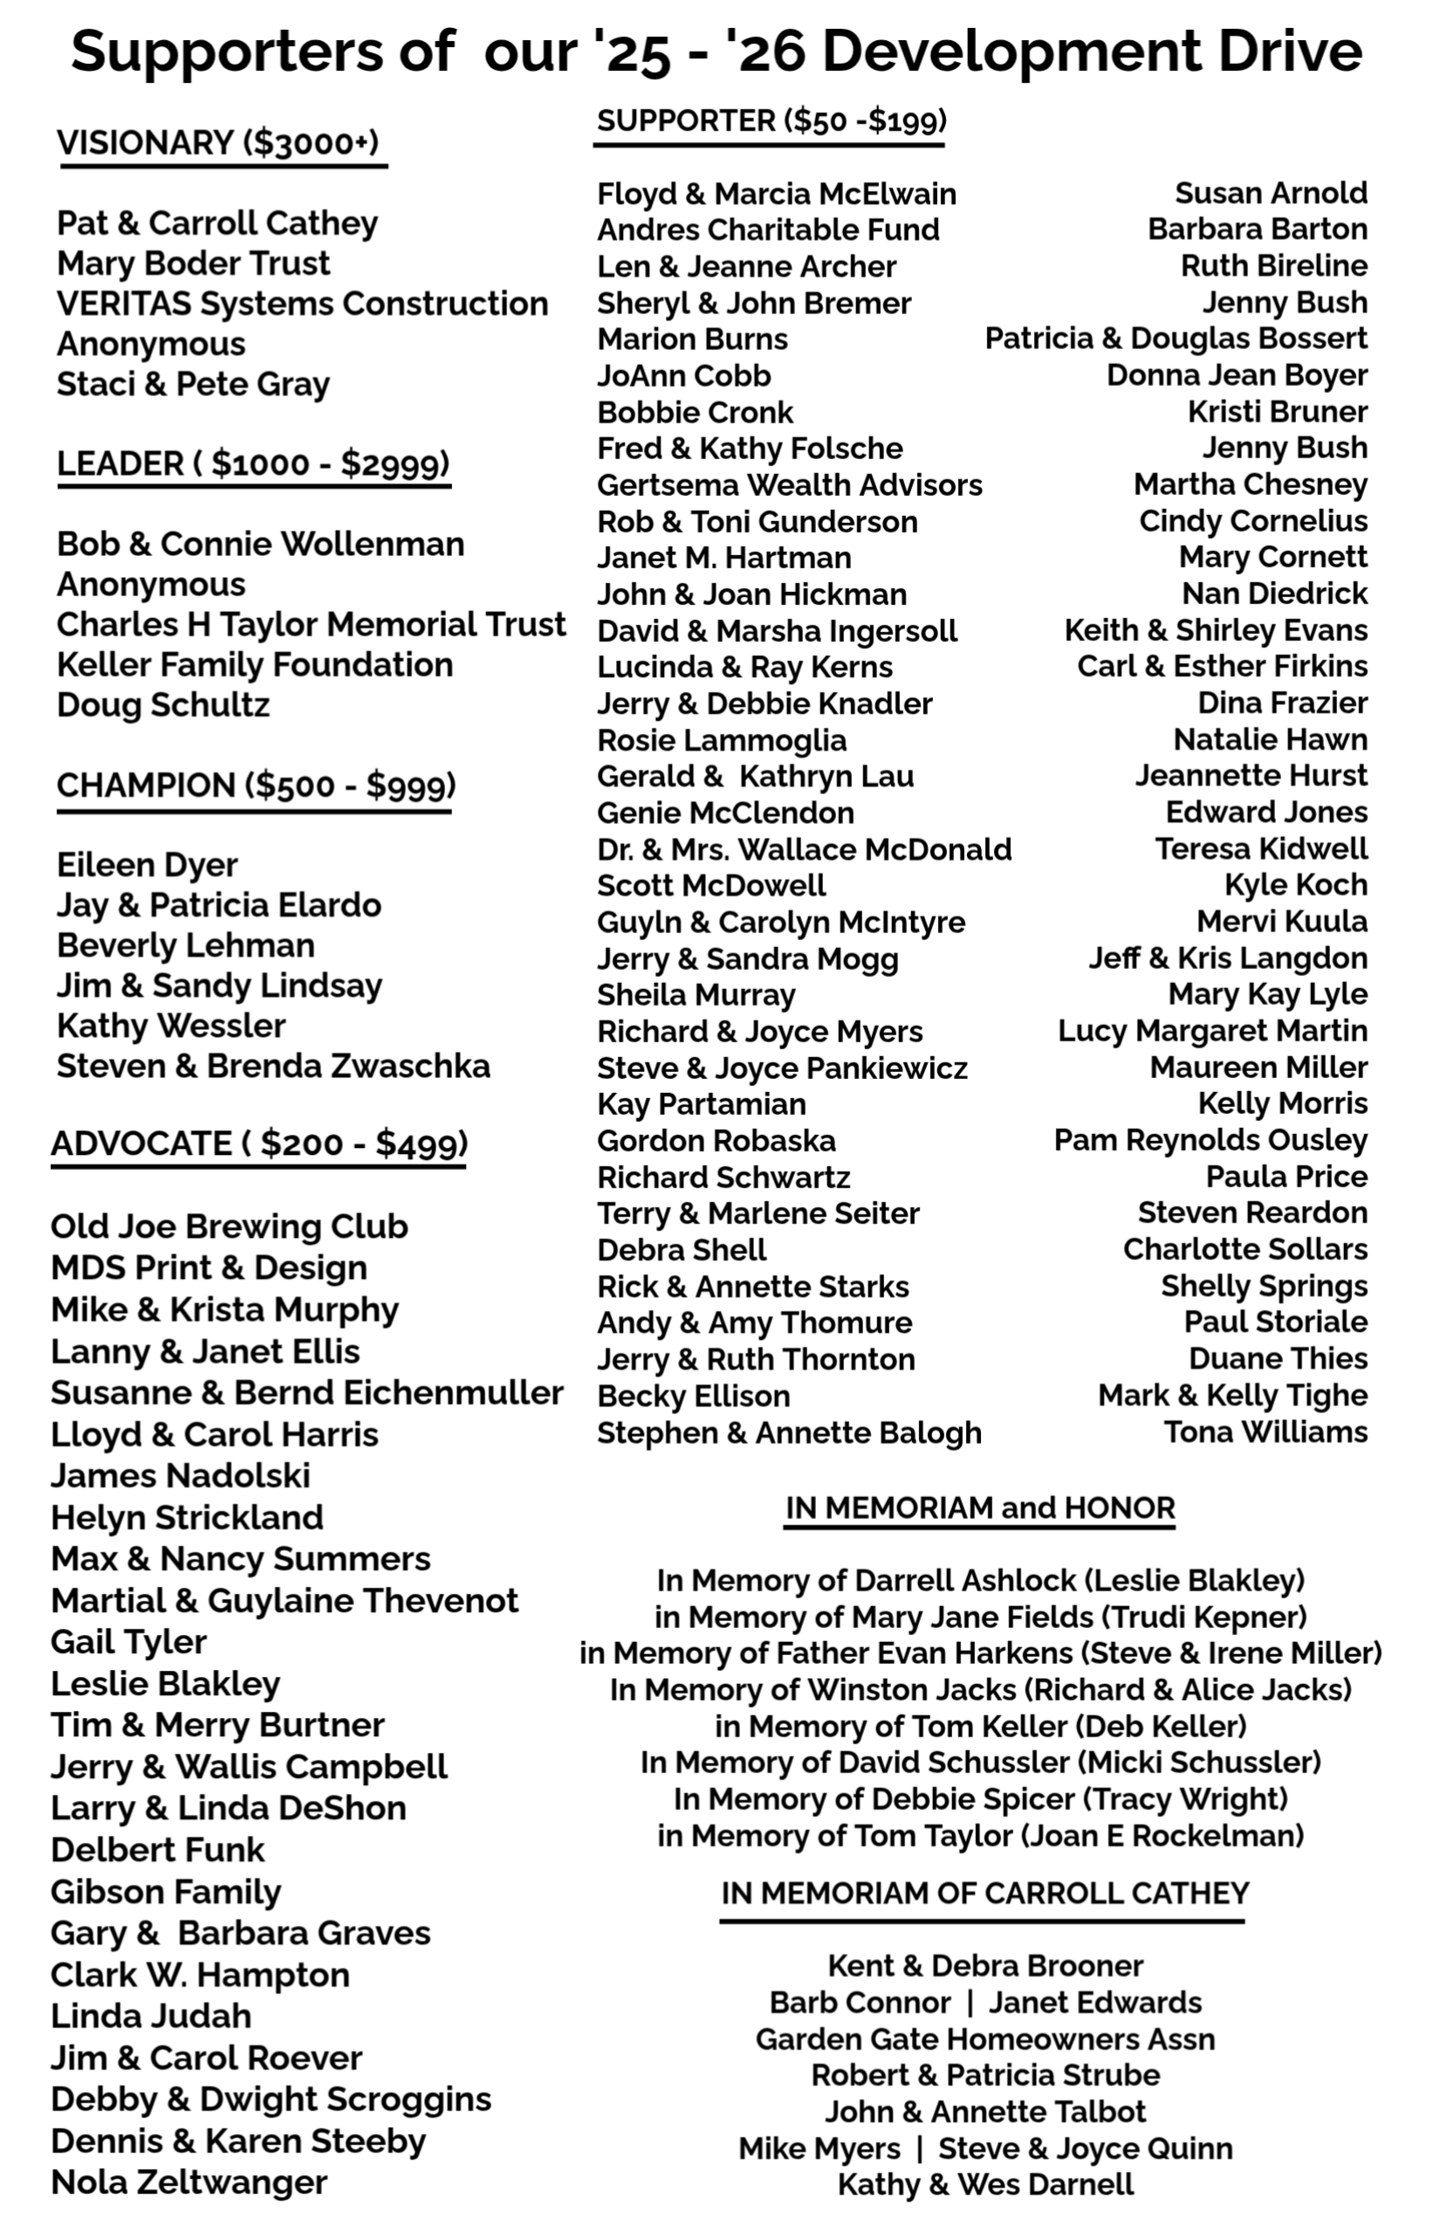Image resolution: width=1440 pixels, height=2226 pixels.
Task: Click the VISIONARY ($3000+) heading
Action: [x=218, y=143]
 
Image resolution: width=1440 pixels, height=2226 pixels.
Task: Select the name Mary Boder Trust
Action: [x=194, y=264]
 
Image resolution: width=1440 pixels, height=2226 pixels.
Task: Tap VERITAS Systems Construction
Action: [x=302, y=304]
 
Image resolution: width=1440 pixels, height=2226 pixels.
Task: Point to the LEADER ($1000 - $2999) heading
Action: [x=253, y=464]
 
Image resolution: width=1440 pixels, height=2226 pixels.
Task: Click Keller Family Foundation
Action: [x=254, y=665]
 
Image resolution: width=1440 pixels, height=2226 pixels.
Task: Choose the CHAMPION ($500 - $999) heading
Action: [x=255, y=786]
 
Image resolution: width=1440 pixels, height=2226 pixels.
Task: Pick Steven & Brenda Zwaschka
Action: [x=273, y=1066]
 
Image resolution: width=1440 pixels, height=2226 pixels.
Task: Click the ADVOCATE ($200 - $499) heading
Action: [x=259, y=1144]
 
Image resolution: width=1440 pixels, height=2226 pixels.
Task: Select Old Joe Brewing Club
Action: [x=229, y=1226]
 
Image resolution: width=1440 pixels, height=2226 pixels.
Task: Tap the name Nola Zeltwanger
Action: [x=189, y=2182]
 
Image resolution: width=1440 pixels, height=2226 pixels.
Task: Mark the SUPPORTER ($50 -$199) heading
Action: [x=771, y=120]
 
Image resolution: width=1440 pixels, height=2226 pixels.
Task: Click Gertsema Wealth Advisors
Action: [x=789, y=484]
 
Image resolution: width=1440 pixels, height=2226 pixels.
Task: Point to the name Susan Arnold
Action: [x=1271, y=193]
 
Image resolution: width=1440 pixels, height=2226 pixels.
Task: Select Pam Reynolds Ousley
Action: [x=1210, y=1140]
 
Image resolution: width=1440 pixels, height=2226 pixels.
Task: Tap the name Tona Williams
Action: [x=1265, y=1432]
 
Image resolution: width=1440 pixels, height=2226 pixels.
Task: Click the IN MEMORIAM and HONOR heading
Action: [x=979, y=1508]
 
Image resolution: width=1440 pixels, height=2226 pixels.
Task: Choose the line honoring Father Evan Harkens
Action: [x=980, y=1653]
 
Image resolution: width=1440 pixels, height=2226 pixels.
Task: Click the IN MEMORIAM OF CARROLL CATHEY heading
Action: [x=984, y=1893]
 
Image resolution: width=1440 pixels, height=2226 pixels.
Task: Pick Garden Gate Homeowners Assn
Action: [x=984, y=2039]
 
